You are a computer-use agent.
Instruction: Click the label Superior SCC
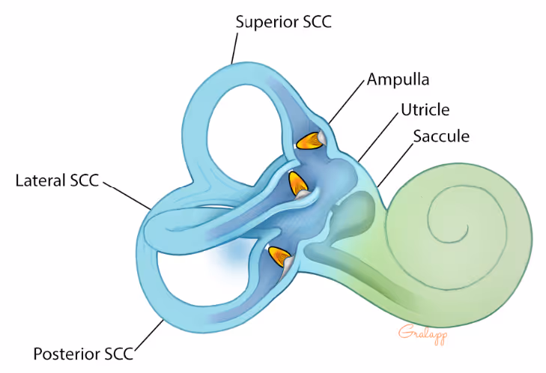(283, 22)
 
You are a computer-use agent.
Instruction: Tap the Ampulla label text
(398, 79)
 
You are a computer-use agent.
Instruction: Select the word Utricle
(424, 110)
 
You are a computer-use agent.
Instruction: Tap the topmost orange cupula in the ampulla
(309, 140)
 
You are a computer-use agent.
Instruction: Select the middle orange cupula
(298, 183)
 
